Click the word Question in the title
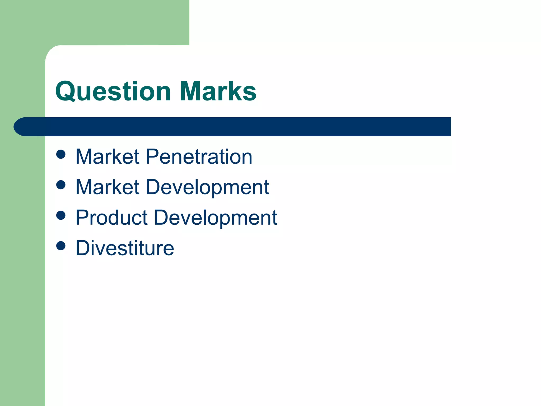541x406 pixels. [x=113, y=91]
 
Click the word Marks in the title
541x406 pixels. [x=218, y=91]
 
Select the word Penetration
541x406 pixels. [x=199, y=157]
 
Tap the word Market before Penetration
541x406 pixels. [x=107, y=157]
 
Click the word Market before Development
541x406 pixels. [x=107, y=187]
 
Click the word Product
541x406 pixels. [x=111, y=218]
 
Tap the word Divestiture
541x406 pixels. [x=125, y=248]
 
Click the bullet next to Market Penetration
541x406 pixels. [x=61, y=154]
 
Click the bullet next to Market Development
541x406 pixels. [x=61, y=185]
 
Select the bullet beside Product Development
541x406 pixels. [x=61, y=215]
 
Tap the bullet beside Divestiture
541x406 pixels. [x=61, y=246]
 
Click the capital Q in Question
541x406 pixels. [x=65, y=91]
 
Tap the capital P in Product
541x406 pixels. [x=82, y=218]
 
